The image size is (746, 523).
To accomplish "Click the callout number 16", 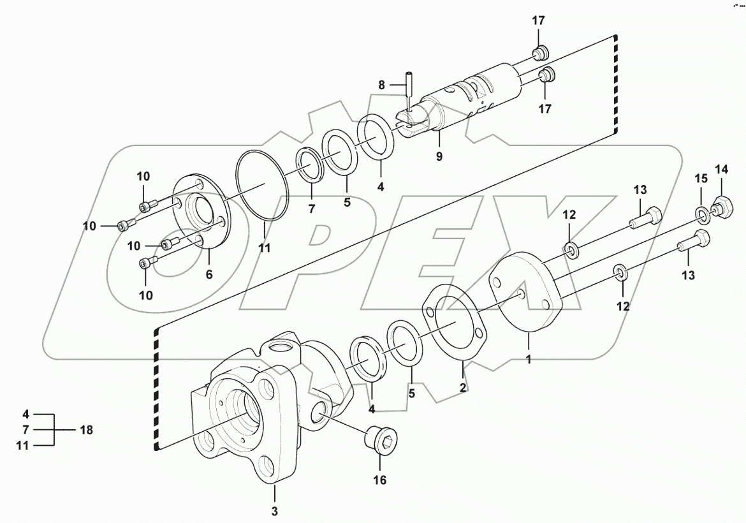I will pos(379,480).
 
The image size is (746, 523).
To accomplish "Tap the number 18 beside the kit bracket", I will pos(85,430).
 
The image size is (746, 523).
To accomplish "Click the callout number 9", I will pos(439,155).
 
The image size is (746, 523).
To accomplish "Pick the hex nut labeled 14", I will pos(720,207).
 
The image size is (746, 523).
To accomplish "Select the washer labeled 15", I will pos(701,214).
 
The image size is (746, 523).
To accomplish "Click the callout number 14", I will pos(721,169).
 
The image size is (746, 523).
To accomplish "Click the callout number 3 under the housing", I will pos(275,510).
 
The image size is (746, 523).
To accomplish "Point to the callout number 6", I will pos(208,274).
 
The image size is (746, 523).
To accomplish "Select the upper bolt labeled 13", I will pos(646,219).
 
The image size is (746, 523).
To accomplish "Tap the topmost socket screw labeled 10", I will pos(147,206).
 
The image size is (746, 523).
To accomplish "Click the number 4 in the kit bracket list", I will pos(26,413).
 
